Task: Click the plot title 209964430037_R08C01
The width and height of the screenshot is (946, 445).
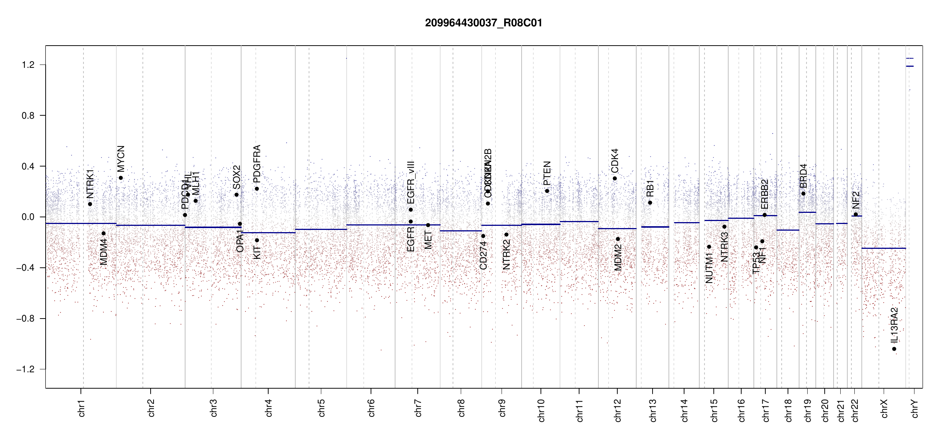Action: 483,23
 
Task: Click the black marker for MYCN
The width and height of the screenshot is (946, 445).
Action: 121,178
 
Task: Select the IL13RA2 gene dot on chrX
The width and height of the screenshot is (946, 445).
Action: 894,349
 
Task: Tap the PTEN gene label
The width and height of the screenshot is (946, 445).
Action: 547,173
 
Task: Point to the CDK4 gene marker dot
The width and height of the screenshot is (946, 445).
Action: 615,178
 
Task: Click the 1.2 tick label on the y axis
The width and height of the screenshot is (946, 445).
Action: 28,65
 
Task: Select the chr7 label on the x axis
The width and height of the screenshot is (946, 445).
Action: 418,408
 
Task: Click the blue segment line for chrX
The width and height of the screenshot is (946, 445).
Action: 883,248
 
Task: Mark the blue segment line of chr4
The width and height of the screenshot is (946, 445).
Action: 268,233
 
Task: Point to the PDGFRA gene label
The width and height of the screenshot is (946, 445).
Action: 257,164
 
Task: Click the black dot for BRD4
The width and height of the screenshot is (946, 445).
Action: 803,194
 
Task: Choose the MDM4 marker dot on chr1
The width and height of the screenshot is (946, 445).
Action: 104,233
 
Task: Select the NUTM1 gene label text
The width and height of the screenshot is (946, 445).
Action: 709,268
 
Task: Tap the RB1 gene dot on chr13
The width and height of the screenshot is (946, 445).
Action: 650,202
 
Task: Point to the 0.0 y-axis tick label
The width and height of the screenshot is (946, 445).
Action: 28,217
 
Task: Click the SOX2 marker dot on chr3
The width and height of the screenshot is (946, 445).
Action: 236,195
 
